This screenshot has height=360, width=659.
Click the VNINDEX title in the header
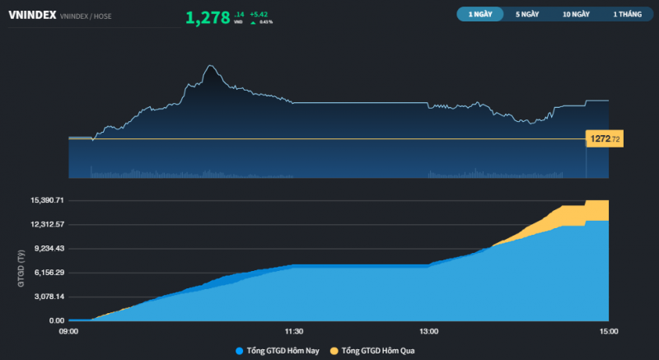pyautogui.click(x=31, y=15)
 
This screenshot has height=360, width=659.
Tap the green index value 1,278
pyautogui.click(x=208, y=17)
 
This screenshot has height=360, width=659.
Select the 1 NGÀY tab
pyautogui.click(x=479, y=15)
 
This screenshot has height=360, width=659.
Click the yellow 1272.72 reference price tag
pyautogui.click(x=604, y=139)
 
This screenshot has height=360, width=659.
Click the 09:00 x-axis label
pyautogui.click(x=68, y=332)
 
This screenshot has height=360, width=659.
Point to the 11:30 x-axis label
pyautogui.click(x=293, y=332)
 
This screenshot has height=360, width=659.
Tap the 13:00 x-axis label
pyautogui.click(x=428, y=332)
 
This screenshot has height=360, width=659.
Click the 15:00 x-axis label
pyautogui.click(x=608, y=332)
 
